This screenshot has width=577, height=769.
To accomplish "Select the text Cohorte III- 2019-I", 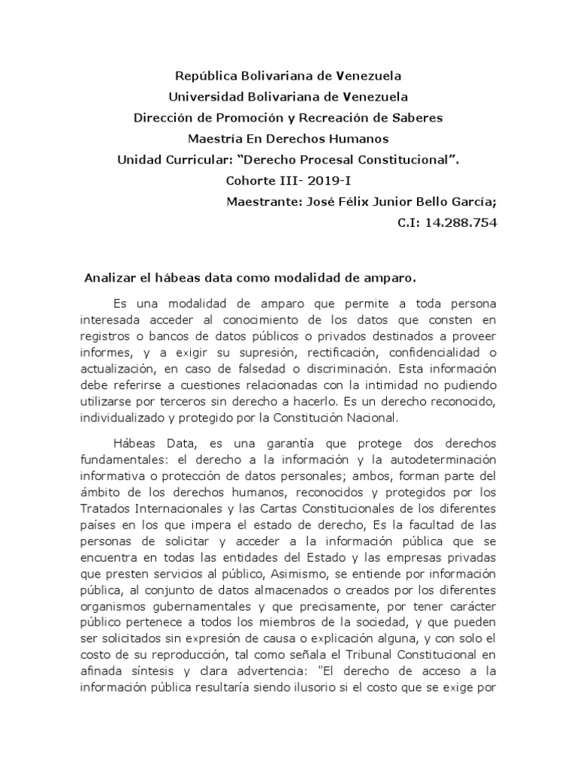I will (x=288, y=180).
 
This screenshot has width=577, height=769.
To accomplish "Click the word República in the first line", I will (x=205, y=76).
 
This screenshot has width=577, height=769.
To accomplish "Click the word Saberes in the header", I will (x=416, y=118).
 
